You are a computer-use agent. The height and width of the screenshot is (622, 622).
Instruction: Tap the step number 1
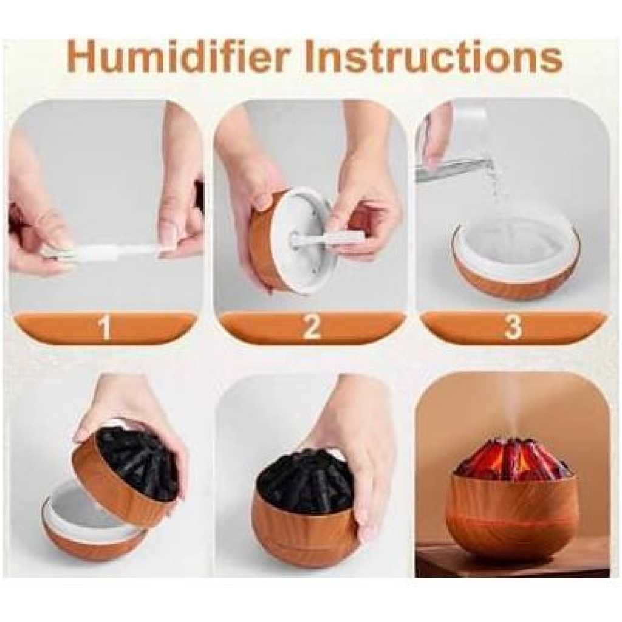coord(104,327)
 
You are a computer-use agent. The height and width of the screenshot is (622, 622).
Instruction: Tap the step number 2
coord(311,327)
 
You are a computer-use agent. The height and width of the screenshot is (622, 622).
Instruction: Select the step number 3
coord(513,327)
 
